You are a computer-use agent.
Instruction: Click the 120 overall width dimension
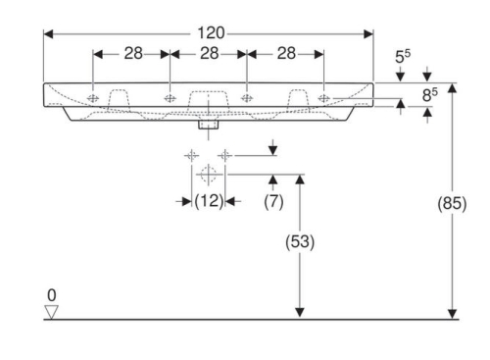(x=211, y=33)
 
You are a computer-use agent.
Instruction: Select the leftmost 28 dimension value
(x=133, y=53)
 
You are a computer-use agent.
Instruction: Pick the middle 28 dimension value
(x=209, y=53)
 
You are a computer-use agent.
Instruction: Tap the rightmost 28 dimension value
(x=286, y=53)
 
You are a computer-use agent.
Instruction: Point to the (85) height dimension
(x=452, y=203)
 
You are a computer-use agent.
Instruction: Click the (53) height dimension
(x=300, y=242)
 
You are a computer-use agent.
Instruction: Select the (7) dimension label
(x=273, y=201)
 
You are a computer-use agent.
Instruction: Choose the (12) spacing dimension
(x=209, y=201)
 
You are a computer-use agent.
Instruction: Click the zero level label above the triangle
(x=52, y=295)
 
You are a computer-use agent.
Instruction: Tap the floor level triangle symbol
(x=52, y=312)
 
